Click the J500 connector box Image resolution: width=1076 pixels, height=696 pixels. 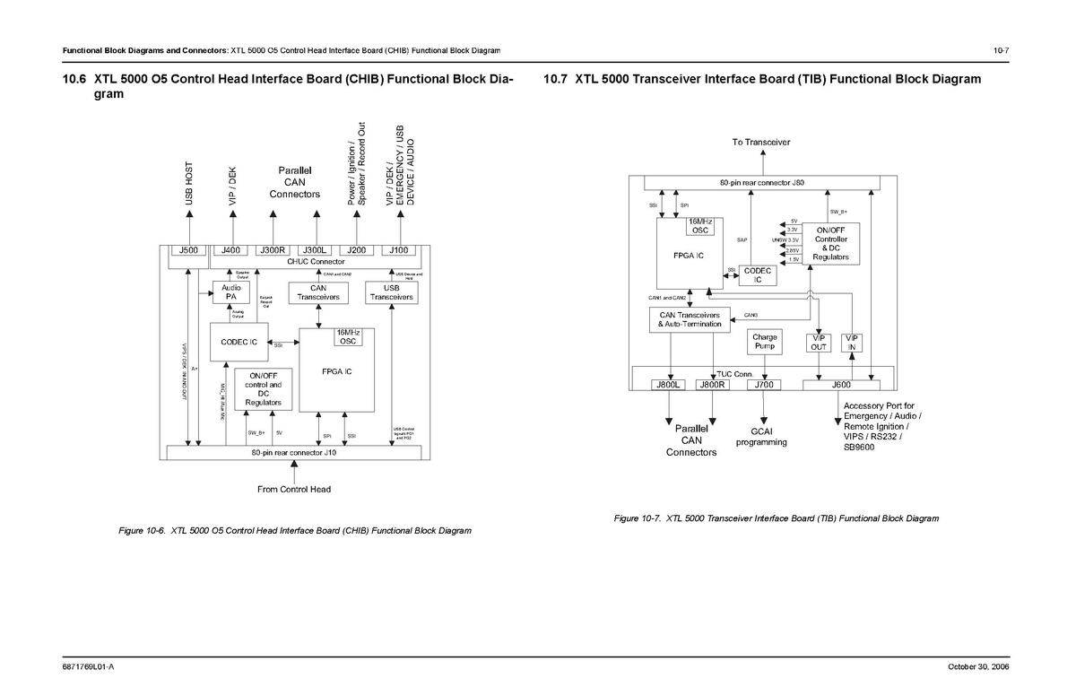(189, 250)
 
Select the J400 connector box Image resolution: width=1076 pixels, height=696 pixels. (231, 250)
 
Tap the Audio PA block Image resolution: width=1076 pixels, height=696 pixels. (230, 291)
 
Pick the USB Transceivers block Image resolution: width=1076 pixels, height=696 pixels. (391, 292)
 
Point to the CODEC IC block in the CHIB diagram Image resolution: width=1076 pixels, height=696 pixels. (239, 343)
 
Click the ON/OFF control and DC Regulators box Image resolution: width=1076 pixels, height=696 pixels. (264, 390)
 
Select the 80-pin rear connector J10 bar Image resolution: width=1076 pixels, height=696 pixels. (294, 453)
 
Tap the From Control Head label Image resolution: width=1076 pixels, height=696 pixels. (294, 490)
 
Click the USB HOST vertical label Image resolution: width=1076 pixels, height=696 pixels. (189, 184)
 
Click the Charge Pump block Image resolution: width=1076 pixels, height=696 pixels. (765, 342)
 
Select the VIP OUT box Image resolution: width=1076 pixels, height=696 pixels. (819, 342)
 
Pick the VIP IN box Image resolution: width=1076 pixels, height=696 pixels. (852, 342)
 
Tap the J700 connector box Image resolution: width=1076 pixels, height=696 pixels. (764, 386)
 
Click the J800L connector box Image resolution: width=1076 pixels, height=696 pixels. (668, 386)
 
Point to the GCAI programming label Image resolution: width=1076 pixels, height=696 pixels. (764, 436)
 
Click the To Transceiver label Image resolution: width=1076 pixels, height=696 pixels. (762, 143)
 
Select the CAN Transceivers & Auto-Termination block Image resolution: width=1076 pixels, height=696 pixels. (690, 319)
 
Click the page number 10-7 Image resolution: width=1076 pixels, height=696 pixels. (1002, 49)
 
